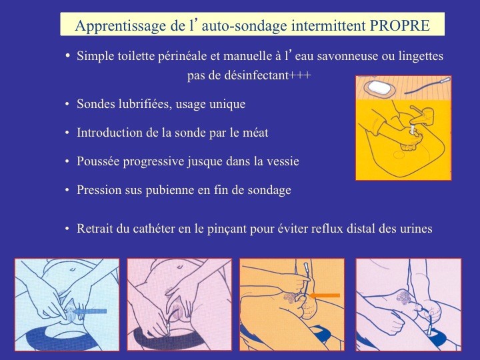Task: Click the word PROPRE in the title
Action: (x=400, y=25)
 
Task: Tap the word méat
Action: (x=255, y=133)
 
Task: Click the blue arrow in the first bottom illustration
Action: (x=89, y=311)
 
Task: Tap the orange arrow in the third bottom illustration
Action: (x=325, y=295)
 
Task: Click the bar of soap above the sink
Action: (x=379, y=87)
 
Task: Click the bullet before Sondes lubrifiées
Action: (x=67, y=104)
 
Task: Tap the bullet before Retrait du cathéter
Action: (x=67, y=229)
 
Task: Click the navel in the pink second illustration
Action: (x=179, y=267)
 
